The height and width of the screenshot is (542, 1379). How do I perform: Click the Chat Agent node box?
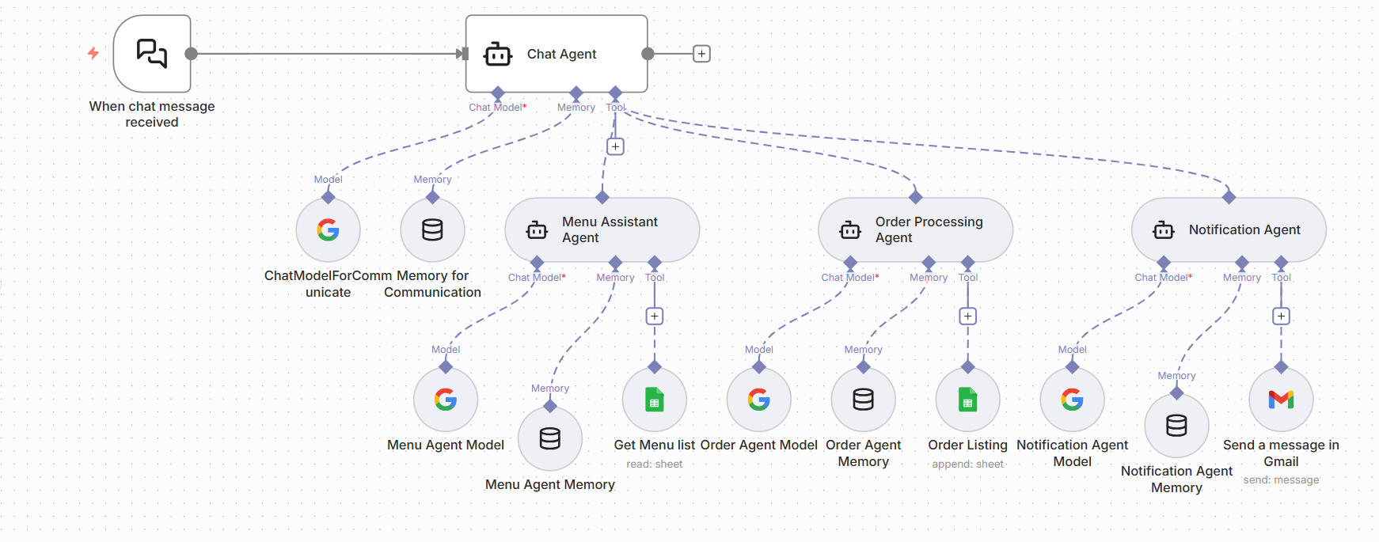(x=557, y=54)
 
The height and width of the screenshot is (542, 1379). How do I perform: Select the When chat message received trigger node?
(x=152, y=54)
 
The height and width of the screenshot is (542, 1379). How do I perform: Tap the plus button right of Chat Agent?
(x=701, y=54)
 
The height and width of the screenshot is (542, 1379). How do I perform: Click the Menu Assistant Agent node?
(x=602, y=229)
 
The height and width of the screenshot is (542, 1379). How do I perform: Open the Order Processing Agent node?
(x=915, y=229)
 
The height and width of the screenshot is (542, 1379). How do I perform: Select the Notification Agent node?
(x=1229, y=229)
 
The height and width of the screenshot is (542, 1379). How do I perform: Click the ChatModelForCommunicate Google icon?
(x=328, y=230)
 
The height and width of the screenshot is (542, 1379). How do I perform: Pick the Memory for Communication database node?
(x=432, y=230)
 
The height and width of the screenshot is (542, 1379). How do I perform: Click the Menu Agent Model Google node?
(x=446, y=400)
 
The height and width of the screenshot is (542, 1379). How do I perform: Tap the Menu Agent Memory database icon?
(x=550, y=438)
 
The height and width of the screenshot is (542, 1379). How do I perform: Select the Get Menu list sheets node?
(x=654, y=400)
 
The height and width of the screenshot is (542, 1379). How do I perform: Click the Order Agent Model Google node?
(x=758, y=400)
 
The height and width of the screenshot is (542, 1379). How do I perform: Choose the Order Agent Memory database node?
(x=863, y=400)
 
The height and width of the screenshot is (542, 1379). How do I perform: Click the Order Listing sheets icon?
(x=967, y=400)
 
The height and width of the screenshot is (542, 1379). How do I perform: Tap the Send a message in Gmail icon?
(x=1281, y=400)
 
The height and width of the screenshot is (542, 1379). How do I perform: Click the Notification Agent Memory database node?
(x=1176, y=426)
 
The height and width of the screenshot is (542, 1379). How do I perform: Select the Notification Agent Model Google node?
(x=1072, y=400)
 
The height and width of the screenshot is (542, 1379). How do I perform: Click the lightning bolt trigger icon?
(x=93, y=53)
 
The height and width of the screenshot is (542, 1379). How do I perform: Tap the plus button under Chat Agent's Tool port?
(x=615, y=146)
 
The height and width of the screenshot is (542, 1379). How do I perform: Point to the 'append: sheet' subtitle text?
(x=967, y=464)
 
